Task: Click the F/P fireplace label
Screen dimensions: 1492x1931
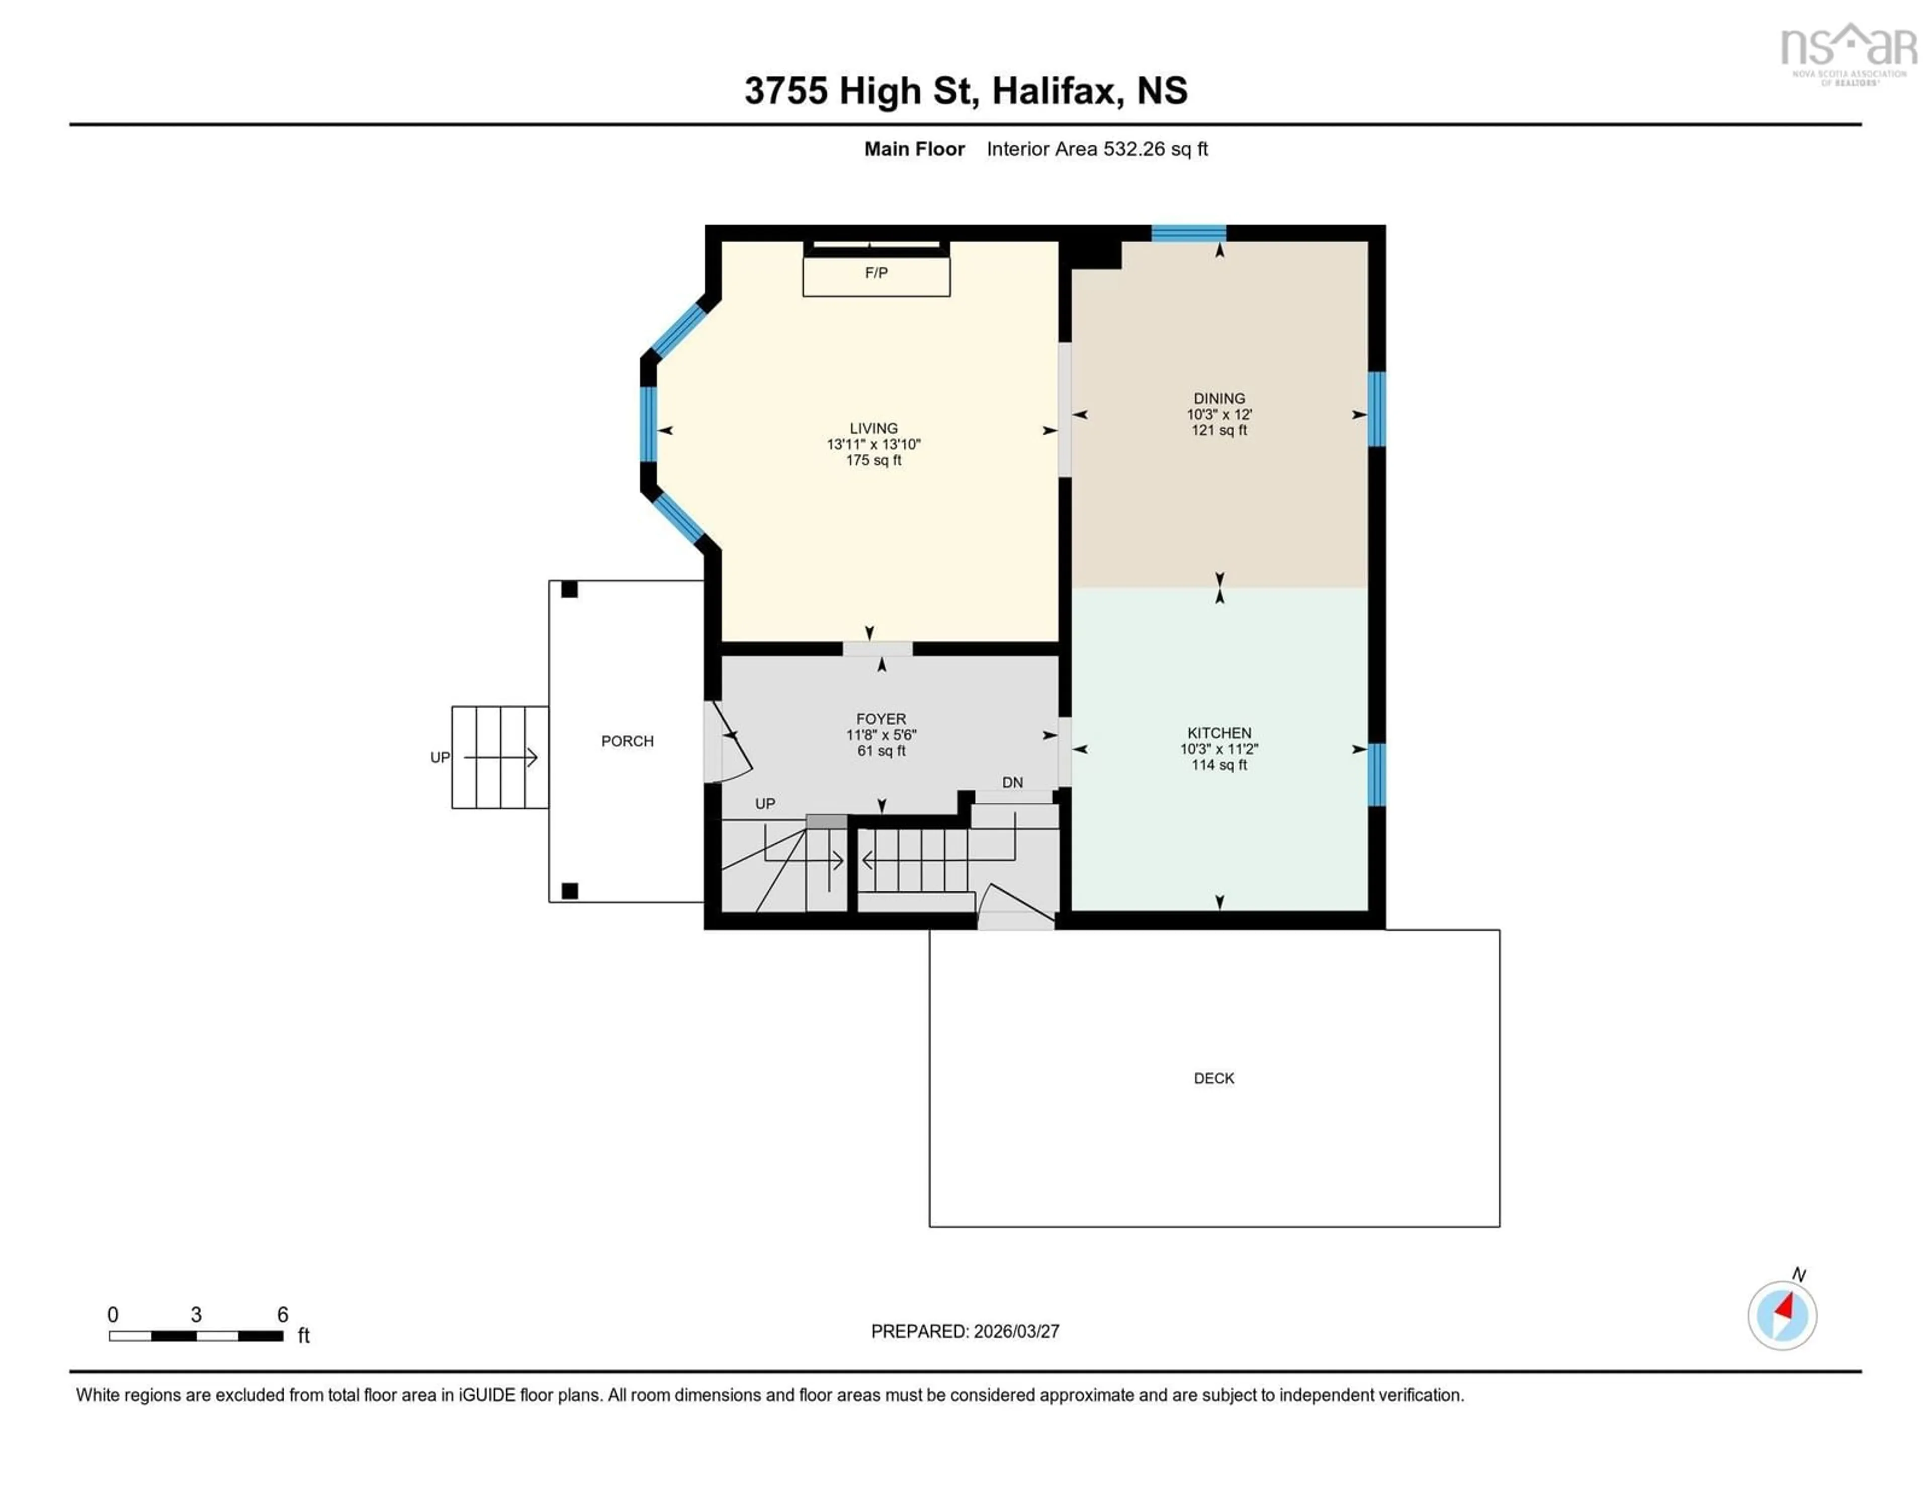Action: pos(876,273)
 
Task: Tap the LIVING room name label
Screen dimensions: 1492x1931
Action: pos(873,428)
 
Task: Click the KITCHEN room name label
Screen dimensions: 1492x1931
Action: pos(1219,733)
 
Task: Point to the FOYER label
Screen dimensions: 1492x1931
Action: pos(881,719)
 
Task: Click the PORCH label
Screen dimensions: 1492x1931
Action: pos(628,741)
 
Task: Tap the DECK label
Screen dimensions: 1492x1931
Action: pos(1214,1078)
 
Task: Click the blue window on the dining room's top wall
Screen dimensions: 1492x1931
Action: pos(1188,233)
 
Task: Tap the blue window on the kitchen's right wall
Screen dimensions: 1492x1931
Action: pos(1377,775)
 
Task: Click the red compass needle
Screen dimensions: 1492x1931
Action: pos(1785,1306)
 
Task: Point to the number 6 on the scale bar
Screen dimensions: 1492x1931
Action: pos(283,1315)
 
